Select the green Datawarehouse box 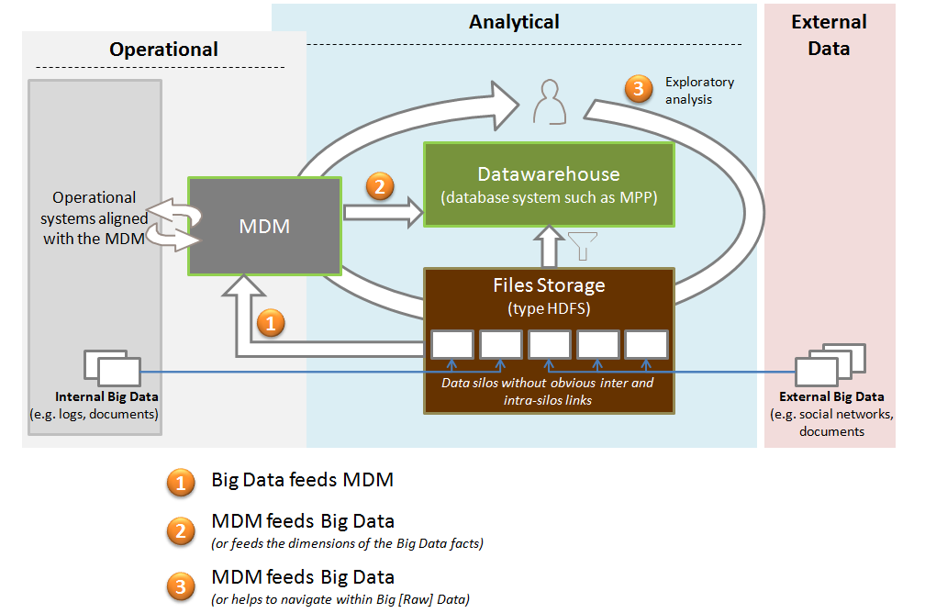tap(548, 184)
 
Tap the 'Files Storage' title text tap(549, 285)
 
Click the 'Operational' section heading tap(163, 50)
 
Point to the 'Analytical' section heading tap(514, 21)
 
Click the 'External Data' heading tap(829, 35)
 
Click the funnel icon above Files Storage tap(583, 246)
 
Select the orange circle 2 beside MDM tap(380, 186)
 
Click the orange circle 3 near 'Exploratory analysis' tap(638, 89)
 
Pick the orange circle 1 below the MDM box tap(270, 323)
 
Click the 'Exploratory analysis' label tap(700, 90)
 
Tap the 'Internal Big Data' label tap(106, 397)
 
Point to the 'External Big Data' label tap(831, 396)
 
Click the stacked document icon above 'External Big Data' tap(830, 364)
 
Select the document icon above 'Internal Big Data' tap(112, 367)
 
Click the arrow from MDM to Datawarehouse tap(383, 214)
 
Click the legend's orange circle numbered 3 tap(181, 585)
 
